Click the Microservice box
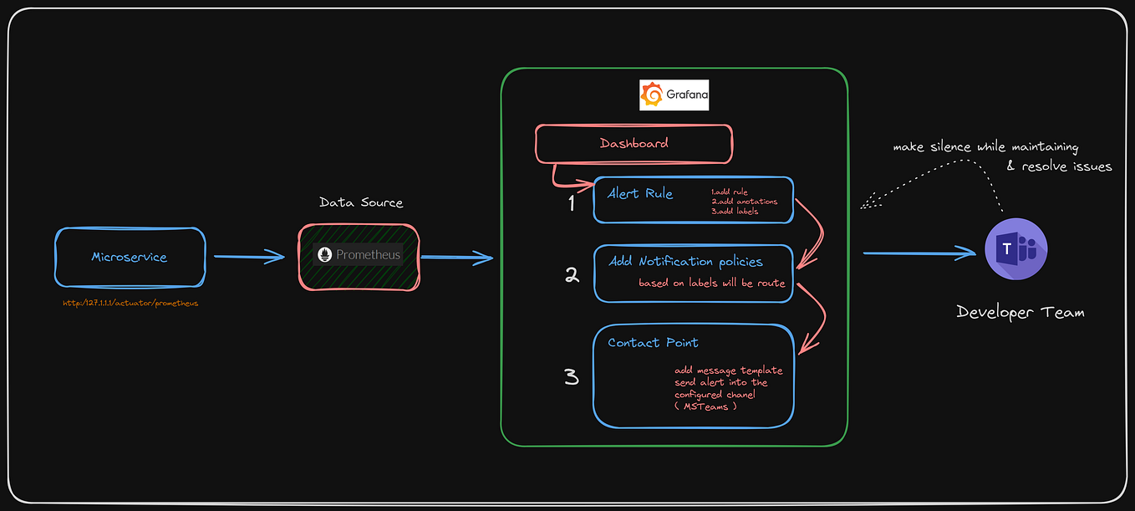(x=130, y=257)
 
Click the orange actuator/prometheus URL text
(x=130, y=303)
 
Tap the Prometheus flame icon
(x=325, y=254)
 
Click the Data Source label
(x=361, y=202)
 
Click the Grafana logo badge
(x=674, y=95)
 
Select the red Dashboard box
(x=634, y=144)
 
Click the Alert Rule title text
(x=640, y=193)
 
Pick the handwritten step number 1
(x=572, y=202)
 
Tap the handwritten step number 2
(x=572, y=274)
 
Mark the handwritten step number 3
(x=572, y=376)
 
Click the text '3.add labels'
(x=735, y=212)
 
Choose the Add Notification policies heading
(x=685, y=262)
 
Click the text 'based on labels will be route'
(x=711, y=283)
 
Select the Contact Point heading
(x=653, y=342)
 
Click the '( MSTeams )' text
(x=706, y=406)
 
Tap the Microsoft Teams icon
(x=1015, y=249)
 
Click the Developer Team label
(x=1020, y=313)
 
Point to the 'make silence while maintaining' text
(x=985, y=147)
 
